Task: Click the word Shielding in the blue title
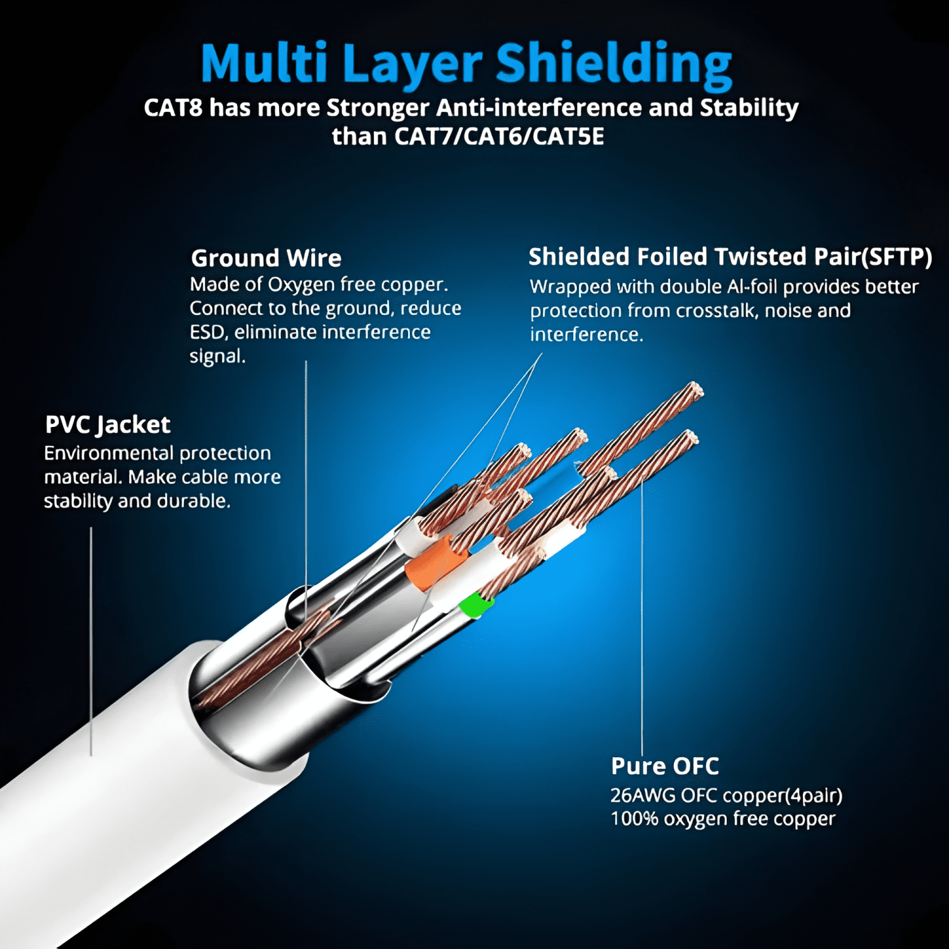pyautogui.click(x=614, y=65)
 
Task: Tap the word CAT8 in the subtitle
pyautogui.click(x=173, y=108)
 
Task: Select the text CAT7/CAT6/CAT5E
pyautogui.click(x=499, y=136)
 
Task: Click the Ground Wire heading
pyautogui.click(x=266, y=258)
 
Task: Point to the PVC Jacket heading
pyautogui.click(x=108, y=425)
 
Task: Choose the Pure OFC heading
pyautogui.click(x=665, y=766)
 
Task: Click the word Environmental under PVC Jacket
pyautogui.click(x=109, y=453)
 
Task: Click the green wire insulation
pyautogui.click(x=475, y=605)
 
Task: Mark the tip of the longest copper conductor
pyautogui.click(x=697, y=389)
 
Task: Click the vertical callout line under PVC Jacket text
pyautogui.click(x=91, y=641)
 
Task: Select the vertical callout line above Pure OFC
pyautogui.click(x=642, y=614)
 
